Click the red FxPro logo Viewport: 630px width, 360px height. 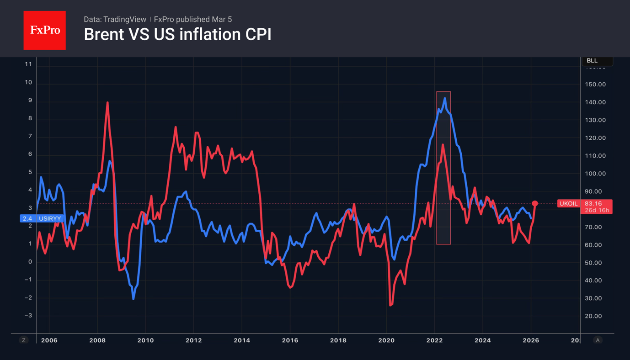[44, 30]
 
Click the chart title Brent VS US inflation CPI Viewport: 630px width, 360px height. [177, 35]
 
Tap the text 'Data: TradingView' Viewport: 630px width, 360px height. [115, 19]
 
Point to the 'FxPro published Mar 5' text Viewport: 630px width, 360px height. [192, 19]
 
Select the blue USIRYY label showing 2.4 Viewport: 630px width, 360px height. [41, 218]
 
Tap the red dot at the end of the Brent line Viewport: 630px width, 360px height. [535, 203]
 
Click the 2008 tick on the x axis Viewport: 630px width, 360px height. [97, 340]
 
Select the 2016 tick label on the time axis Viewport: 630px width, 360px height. [290, 340]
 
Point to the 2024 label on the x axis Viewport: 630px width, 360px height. [482, 340]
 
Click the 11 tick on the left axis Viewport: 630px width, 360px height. [28, 64]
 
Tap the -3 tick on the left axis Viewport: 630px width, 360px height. [28, 316]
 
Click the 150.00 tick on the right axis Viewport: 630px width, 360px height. [595, 85]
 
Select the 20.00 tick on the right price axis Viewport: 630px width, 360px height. [595, 316]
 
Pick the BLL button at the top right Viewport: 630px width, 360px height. [596, 61]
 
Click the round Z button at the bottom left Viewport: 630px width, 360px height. [24, 340]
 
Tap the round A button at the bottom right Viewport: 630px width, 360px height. [598, 340]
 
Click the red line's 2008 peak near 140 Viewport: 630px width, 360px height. [107, 103]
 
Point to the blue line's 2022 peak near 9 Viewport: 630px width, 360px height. [444, 99]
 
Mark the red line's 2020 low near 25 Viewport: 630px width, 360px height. [390, 305]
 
